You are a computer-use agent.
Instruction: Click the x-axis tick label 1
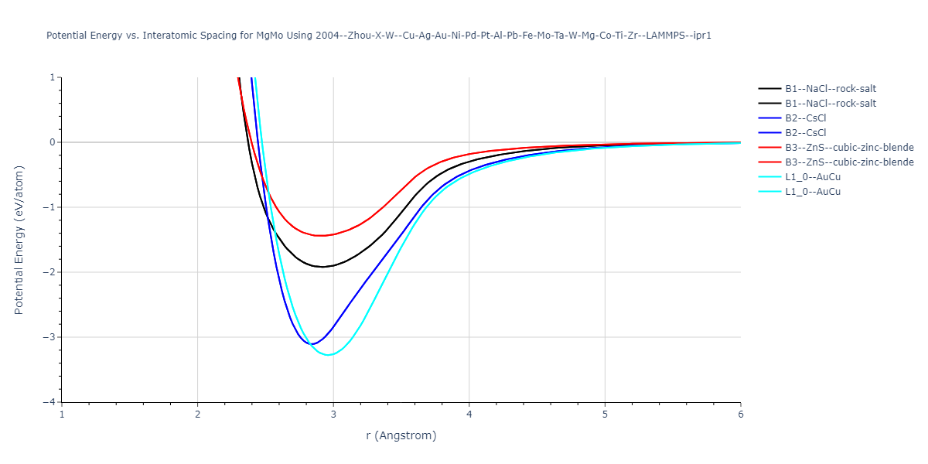62,415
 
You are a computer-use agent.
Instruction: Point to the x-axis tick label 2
198,415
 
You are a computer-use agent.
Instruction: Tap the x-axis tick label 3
333,415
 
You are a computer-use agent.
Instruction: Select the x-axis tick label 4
469,415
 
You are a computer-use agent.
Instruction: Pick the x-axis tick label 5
605,415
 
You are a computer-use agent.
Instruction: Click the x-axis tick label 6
741,415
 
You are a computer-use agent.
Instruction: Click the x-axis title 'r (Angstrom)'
401,435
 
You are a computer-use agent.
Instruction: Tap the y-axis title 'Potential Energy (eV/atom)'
19,240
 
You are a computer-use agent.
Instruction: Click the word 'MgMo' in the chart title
272,36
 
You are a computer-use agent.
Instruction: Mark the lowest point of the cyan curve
329,355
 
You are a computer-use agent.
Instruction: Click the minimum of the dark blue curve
312,344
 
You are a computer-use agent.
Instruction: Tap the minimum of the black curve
322,267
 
